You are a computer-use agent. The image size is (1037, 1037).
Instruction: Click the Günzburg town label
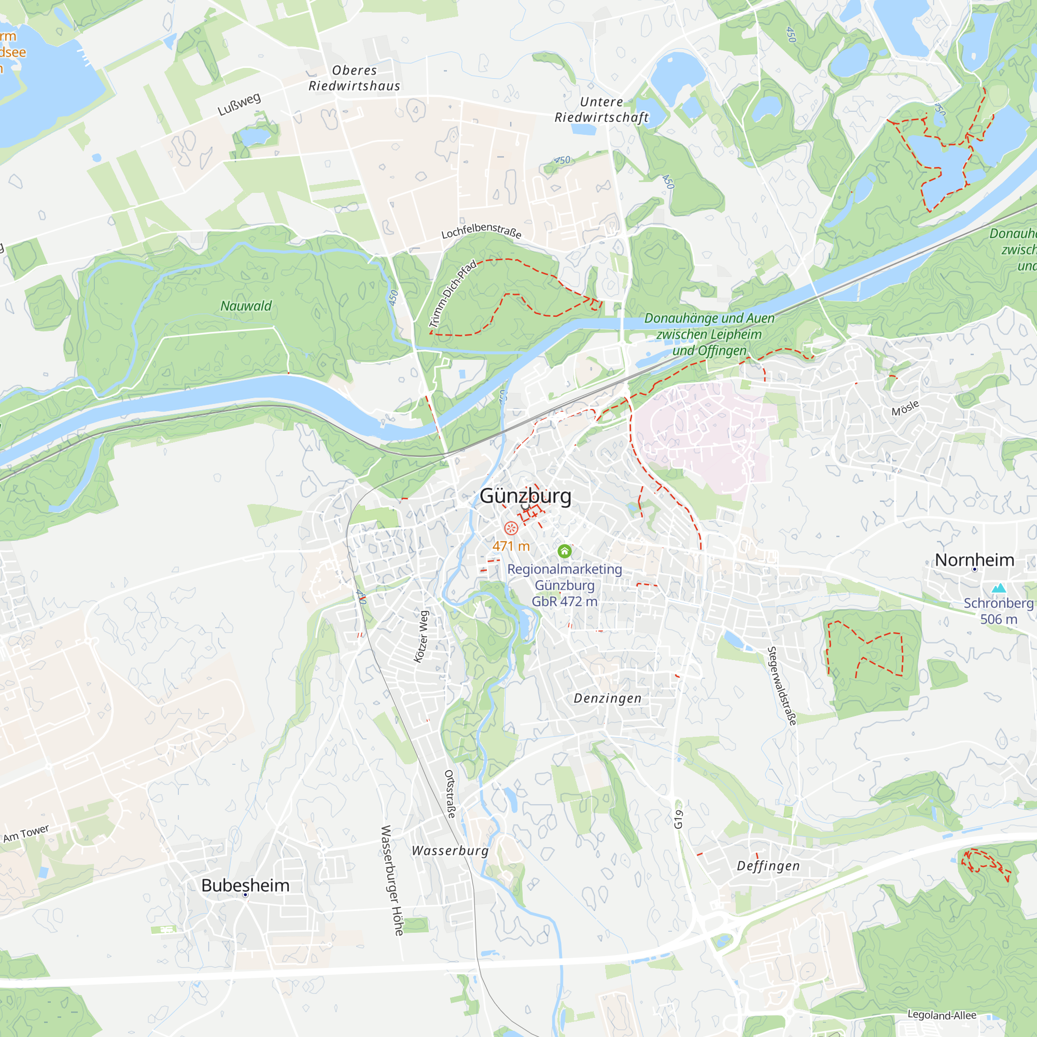click(525, 496)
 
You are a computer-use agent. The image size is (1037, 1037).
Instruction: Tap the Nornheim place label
click(974, 560)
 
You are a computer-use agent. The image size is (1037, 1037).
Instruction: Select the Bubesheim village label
click(245, 885)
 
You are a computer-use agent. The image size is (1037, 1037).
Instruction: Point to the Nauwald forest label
click(246, 306)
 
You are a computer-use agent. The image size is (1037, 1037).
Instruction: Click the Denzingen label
click(608, 698)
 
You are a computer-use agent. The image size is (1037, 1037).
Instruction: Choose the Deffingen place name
click(768, 866)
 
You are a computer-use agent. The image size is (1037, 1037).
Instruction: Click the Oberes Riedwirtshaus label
click(354, 78)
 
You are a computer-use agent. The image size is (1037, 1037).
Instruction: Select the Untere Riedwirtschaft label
click(601, 109)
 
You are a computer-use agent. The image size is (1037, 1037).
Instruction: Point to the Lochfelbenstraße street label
click(482, 230)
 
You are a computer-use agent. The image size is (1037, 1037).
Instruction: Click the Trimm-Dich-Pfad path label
click(453, 293)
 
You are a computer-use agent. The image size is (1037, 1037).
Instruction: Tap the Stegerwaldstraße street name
click(781, 686)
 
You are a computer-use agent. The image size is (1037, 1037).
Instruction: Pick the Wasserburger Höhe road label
click(392, 880)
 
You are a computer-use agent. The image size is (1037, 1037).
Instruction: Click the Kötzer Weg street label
click(422, 637)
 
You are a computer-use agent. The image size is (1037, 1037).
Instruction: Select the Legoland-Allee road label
click(942, 1015)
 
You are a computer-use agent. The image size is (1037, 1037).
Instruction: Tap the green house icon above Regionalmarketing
click(564, 551)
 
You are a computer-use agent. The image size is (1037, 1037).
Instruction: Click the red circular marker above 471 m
click(511, 528)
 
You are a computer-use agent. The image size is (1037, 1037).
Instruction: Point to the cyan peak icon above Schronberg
click(998, 588)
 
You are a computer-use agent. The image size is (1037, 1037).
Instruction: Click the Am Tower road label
click(26, 834)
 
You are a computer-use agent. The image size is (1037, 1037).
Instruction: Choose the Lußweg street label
click(240, 104)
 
